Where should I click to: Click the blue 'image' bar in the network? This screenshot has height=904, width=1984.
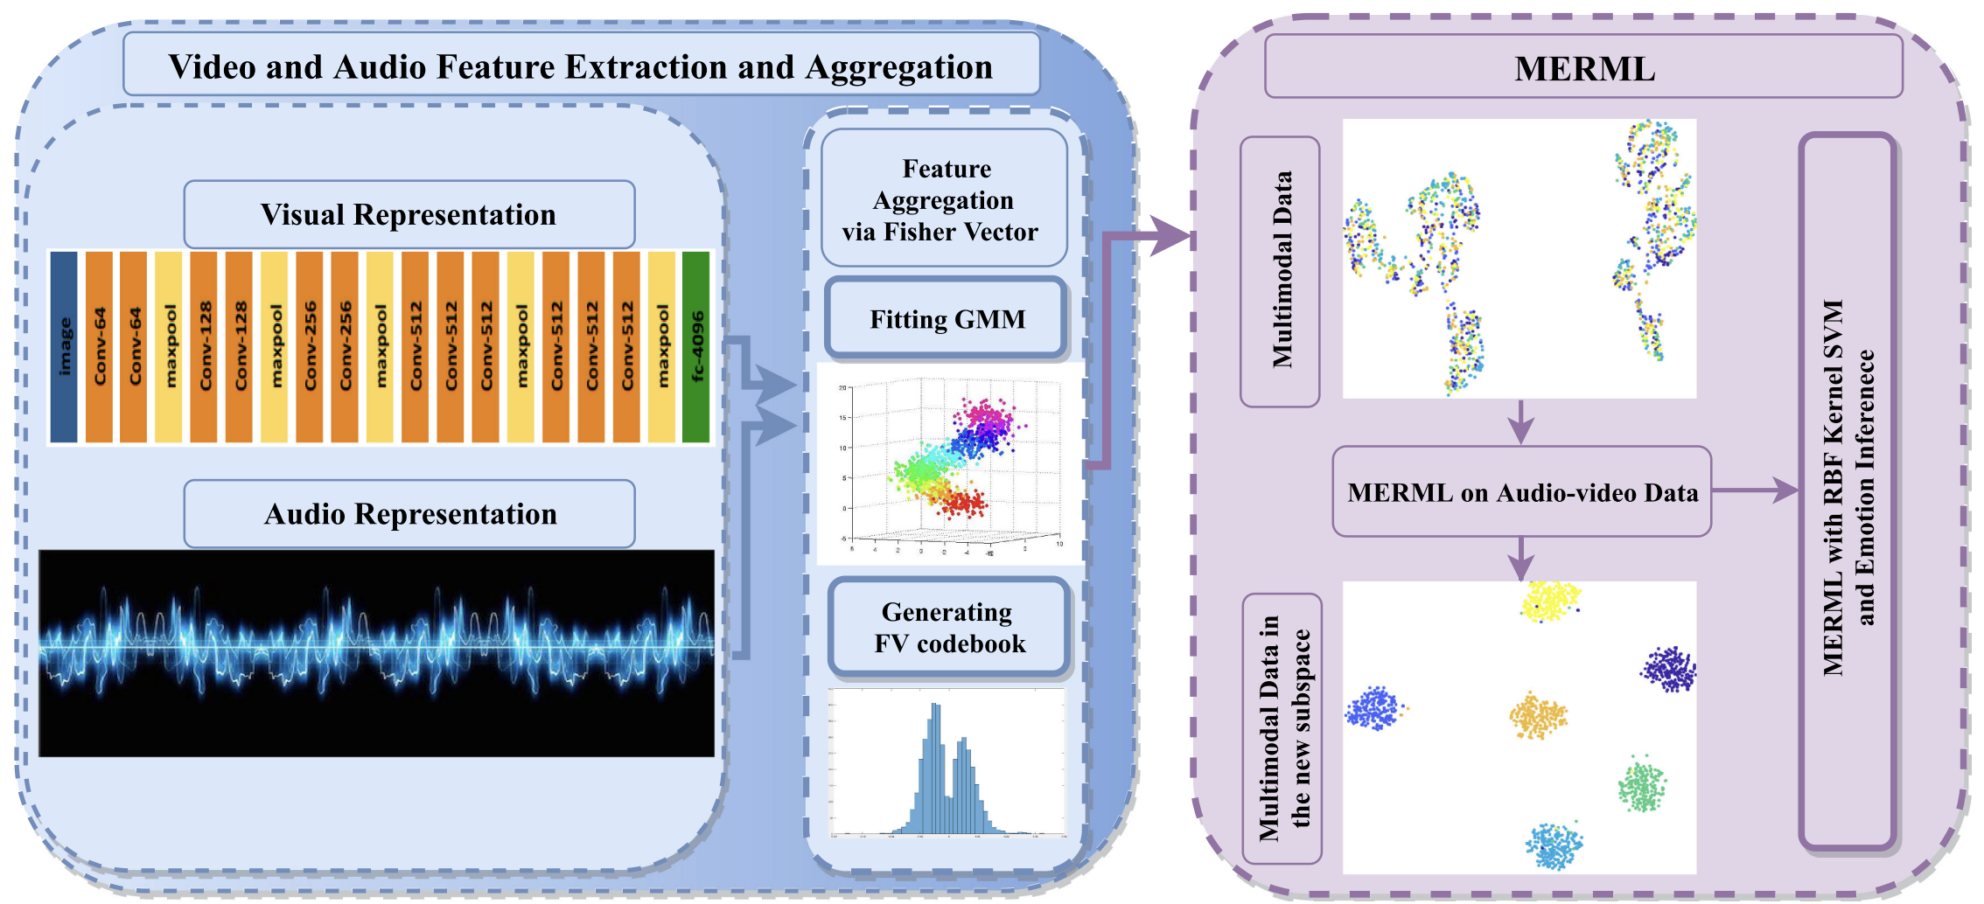[64, 347]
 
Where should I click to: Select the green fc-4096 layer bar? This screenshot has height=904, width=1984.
[696, 347]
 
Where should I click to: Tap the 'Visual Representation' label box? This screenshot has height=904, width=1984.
[409, 214]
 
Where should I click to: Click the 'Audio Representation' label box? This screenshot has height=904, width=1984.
[409, 513]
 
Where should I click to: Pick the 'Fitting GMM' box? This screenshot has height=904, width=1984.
[947, 319]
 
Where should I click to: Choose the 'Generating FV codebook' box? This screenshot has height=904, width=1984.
[949, 627]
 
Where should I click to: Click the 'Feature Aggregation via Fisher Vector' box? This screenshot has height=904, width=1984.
[943, 199]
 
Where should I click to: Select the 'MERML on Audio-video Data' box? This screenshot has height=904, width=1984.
[1521, 492]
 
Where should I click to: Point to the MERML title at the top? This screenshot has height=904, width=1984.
[1583, 68]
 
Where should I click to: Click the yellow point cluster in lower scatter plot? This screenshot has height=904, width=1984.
[1550, 602]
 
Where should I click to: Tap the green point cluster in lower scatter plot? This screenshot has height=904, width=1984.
[1642, 785]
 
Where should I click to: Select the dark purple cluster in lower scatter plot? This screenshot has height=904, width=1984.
[1669, 670]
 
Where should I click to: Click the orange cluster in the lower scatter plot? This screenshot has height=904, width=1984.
[1538, 716]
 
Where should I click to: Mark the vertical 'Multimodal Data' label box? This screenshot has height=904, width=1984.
[1280, 271]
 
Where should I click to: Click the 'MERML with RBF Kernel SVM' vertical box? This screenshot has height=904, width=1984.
[1848, 490]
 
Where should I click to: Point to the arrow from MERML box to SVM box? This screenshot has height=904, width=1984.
[1754, 490]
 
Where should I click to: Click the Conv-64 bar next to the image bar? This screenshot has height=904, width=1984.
[99, 347]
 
